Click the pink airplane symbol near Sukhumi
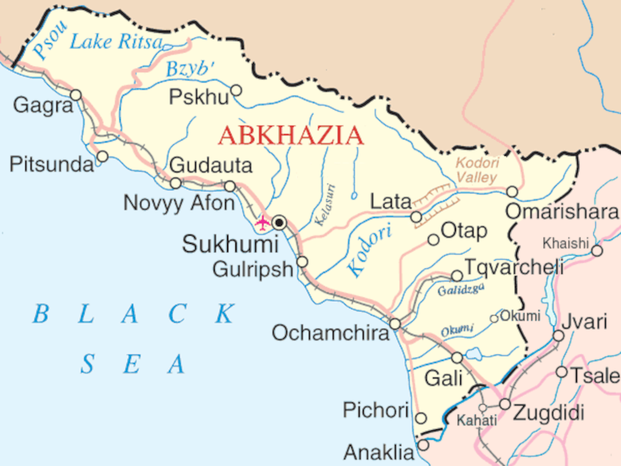pos(262,223)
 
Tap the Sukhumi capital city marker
pos(279,223)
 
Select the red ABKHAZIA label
pos(291,135)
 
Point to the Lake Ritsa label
pos(117,42)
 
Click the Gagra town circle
pos(76,95)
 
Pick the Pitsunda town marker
pos(102,157)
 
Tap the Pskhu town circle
pos(236,90)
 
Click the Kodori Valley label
pos(477,170)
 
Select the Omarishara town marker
pos(512,191)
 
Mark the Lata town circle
pos(416,217)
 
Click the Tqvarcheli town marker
pos(457,275)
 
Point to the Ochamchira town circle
pos(395,324)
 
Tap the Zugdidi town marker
pos(505,404)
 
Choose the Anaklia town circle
pos(423,445)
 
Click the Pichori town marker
pos(421,418)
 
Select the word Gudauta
pos(211,165)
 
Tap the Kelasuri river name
pos(325,205)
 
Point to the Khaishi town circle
pos(597,251)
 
